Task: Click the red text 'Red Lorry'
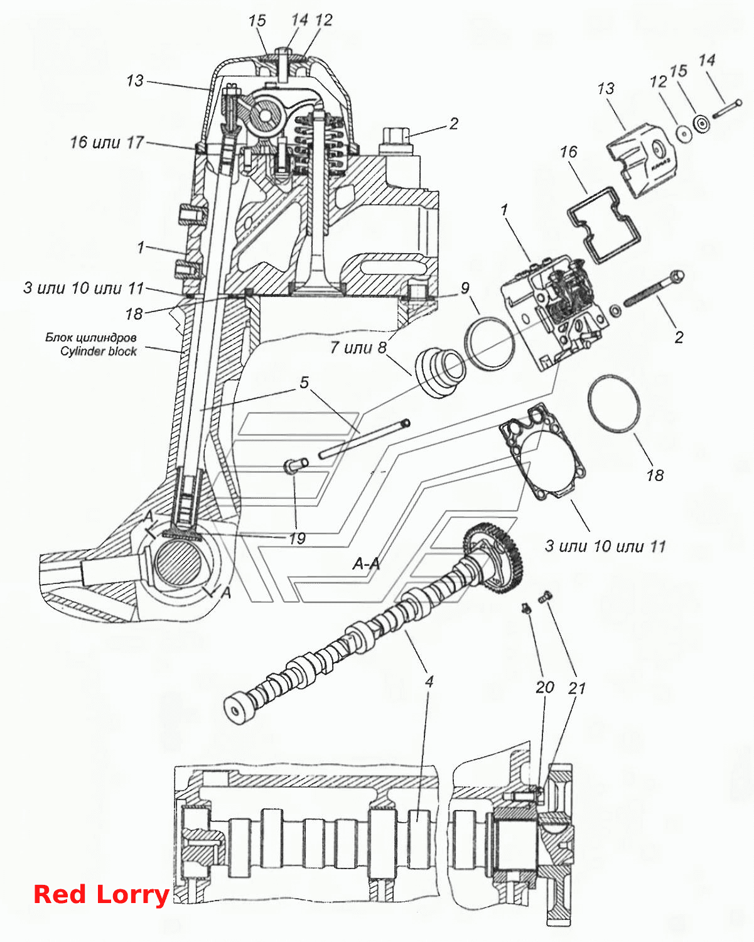[x=101, y=895]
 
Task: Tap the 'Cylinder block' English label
[x=99, y=352]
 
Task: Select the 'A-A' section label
[x=366, y=564]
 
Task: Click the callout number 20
[x=545, y=687]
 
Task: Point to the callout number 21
[x=577, y=688]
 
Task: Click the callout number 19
[x=298, y=539]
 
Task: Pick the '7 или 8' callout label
[x=358, y=347]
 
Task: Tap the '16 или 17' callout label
[x=107, y=143]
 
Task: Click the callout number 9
[x=465, y=288]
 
